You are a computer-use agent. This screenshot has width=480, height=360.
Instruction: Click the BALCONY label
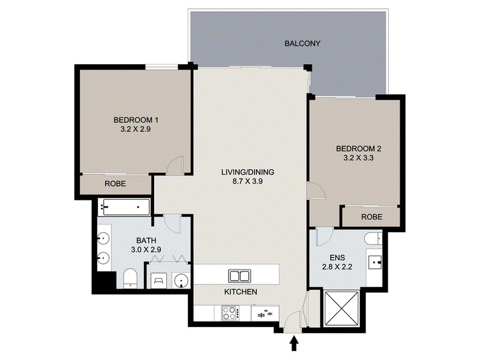pyautogui.click(x=302, y=43)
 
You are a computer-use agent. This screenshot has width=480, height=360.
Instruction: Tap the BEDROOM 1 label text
pyautogui.click(x=136, y=119)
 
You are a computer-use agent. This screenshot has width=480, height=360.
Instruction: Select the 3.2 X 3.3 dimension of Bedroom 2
pyautogui.click(x=358, y=158)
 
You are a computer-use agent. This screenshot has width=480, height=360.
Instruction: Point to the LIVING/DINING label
pyautogui.click(x=247, y=172)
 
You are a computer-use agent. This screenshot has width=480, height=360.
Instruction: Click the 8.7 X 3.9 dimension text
pyautogui.click(x=247, y=181)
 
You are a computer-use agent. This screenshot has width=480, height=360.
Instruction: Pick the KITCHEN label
pyautogui.click(x=241, y=292)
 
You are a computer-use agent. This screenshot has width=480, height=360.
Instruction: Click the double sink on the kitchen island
pyautogui.click(x=239, y=276)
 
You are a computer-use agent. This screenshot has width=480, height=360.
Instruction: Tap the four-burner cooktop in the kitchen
pyautogui.click(x=230, y=313)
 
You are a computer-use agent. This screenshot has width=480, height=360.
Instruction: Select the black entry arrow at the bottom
pyautogui.click(x=294, y=343)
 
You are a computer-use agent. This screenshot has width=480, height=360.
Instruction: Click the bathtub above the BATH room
pyautogui.click(x=125, y=207)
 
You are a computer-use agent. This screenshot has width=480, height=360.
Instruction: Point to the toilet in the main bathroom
pyautogui.click(x=130, y=278)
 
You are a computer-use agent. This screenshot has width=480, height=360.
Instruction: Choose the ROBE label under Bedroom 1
pyautogui.click(x=115, y=184)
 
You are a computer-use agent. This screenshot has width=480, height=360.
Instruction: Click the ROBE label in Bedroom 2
pyautogui.click(x=371, y=217)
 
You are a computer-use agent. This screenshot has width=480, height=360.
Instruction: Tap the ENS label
pyautogui.click(x=337, y=258)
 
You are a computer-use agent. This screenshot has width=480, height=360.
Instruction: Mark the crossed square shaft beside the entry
pyautogui.click(x=341, y=309)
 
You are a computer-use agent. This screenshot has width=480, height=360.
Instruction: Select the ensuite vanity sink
pyautogui.click(x=374, y=262)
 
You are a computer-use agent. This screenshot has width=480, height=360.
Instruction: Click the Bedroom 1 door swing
pyautogui.click(x=175, y=166)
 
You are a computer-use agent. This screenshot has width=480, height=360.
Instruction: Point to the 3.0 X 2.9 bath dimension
pyautogui.click(x=146, y=250)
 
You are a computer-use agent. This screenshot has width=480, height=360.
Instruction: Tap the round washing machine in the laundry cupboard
pyautogui.click(x=182, y=280)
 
